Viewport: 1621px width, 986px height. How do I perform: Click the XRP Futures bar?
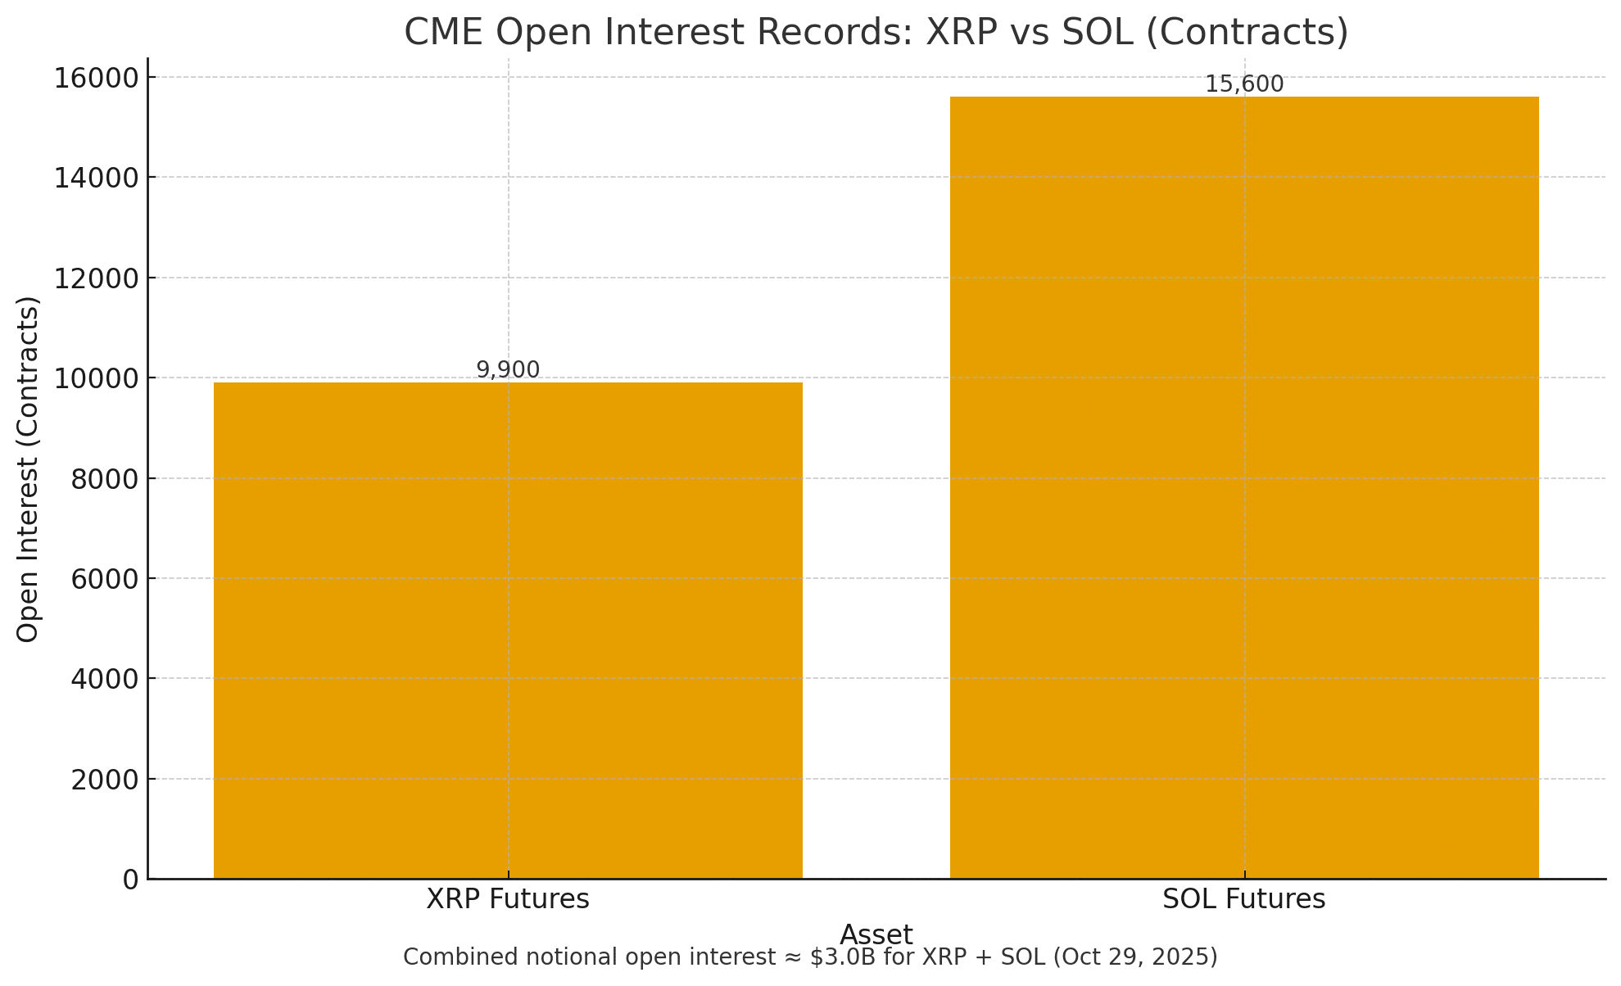pos(508,631)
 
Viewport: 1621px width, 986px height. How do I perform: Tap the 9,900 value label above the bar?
pos(508,370)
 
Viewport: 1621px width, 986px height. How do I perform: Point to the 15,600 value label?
pos(1244,84)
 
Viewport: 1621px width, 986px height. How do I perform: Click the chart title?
pos(876,33)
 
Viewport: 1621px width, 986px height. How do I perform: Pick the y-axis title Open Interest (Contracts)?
pos(29,468)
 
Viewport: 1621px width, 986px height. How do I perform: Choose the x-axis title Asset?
pos(876,934)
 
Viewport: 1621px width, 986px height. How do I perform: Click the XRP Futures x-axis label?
pos(508,899)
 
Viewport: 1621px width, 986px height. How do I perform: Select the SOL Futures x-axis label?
pos(1244,899)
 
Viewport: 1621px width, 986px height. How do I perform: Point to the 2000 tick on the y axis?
pos(105,780)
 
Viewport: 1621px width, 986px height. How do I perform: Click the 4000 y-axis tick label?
pos(105,679)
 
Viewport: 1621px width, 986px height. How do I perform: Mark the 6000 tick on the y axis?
pos(105,579)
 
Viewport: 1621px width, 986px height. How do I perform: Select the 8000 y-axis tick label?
pos(105,479)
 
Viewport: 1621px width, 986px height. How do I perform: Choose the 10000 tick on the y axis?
pos(97,378)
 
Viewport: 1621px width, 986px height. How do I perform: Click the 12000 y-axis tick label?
pos(97,278)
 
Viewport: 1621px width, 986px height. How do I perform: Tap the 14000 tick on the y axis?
pos(97,178)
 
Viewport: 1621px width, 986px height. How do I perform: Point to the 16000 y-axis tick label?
pos(97,78)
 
